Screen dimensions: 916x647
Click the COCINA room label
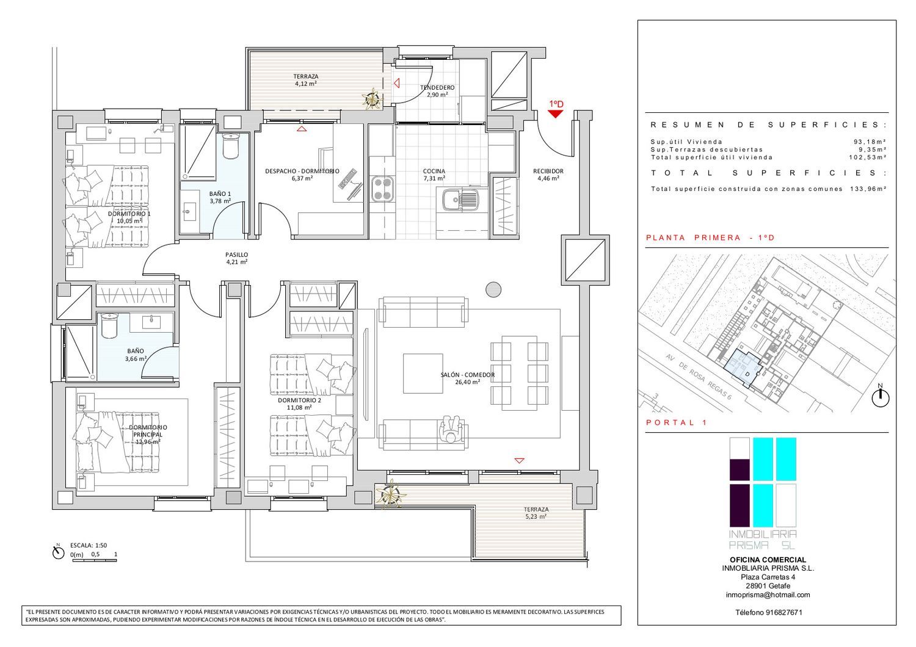point(434,172)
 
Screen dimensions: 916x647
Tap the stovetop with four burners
point(383,189)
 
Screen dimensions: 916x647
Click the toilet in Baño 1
point(231,146)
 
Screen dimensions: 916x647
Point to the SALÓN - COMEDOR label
point(467,375)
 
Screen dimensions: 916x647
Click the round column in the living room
point(493,290)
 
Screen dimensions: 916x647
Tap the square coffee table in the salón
point(423,373)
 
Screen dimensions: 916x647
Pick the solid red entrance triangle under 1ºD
point(555,114)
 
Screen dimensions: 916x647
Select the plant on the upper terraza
point(372,99)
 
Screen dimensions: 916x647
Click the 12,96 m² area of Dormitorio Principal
point(148,441)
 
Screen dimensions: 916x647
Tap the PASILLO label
point(237,255)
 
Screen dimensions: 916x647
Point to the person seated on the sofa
point(451,430)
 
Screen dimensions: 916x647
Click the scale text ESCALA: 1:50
point(89,545)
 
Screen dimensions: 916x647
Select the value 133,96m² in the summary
point(866,189)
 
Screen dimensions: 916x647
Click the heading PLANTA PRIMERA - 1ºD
point(710,238)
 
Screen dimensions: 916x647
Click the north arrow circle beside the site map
point(881,399)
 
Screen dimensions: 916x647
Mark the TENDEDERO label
point(437,87)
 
